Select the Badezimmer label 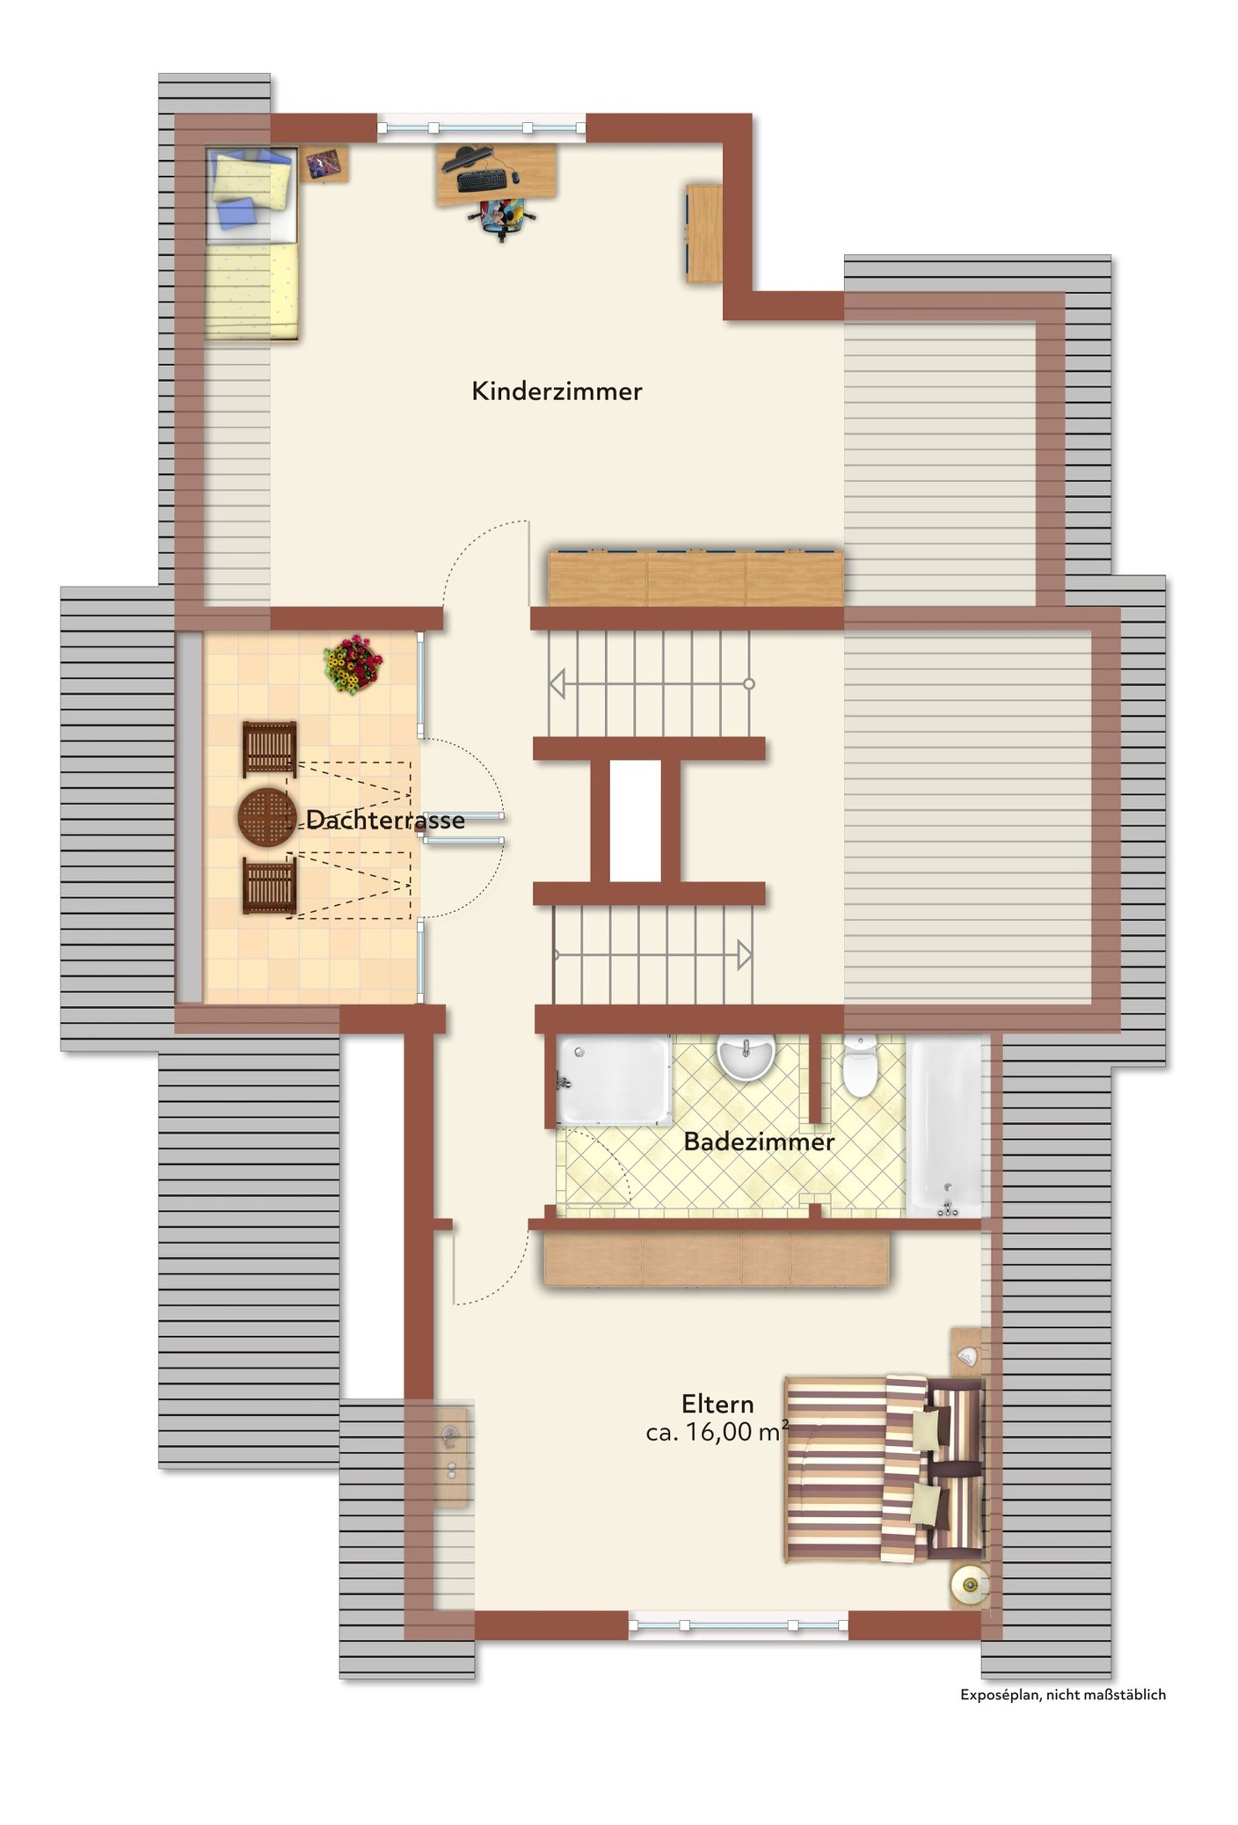[758, 1141]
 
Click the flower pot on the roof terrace [353, 664]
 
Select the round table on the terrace [267, 818]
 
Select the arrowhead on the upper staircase [556, 683]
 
